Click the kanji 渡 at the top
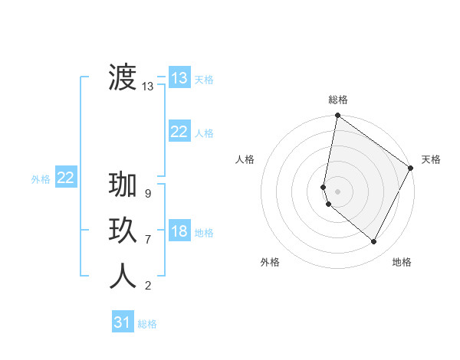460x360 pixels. click(x=123, y=77)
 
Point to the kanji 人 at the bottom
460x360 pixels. click(x=123, y=276)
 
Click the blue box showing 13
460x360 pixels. click(x=179, y=78)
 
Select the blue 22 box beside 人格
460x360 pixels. click(x=179, y=132)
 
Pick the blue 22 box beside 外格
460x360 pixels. click(x=65, y=178)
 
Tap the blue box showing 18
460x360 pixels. click(x=179, y=231)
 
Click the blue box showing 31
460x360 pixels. click(x=122, y=322)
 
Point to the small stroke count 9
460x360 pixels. click(x=147, y=194)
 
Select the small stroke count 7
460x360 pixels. click(x=147, y=240)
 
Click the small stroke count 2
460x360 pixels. click(x=147, y=286)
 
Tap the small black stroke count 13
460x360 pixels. click(x=148, y=87)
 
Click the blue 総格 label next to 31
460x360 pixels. click(x=147, y=324)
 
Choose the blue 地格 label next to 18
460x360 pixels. click(x=204, y=233)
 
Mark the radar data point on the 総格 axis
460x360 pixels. click(x=337, y=116)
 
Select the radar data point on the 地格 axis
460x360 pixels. click(x=374, y=241)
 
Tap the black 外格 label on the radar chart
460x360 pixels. click(x=270, y=262)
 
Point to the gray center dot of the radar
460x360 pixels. click(x=337, y=191)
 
